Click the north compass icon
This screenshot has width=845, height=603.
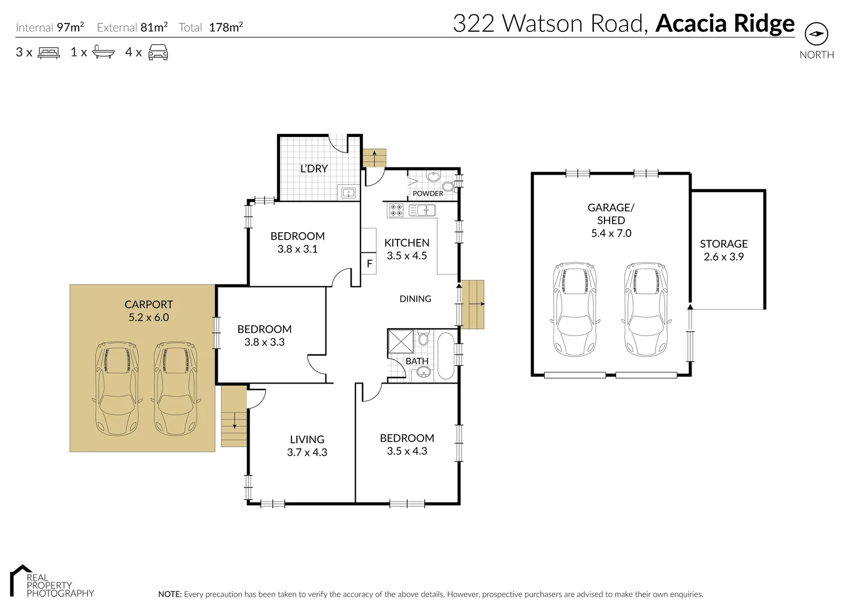[816, 34]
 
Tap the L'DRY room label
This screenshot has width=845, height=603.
[314, 169]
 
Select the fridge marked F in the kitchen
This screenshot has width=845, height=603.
[369, 264]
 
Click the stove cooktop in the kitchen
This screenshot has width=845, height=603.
[396, 210]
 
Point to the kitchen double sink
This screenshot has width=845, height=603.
[422, 210]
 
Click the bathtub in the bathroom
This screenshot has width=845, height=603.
[446, 356]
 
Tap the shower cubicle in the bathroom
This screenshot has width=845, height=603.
[401, 342]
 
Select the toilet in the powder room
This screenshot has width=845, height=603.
[448, 186]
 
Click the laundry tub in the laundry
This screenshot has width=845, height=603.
[348, 193]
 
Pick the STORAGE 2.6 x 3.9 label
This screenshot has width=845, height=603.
[723, 250]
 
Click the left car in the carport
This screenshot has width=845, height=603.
[117, 389]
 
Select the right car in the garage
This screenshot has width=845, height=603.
[646, 309]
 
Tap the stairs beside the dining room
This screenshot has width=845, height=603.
[473, 304]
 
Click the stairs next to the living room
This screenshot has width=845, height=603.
[234, 416]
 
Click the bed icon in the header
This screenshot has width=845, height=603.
[49, 53]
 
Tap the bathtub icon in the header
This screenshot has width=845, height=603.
[103, 52]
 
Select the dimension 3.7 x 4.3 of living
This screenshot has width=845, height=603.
[307, 453]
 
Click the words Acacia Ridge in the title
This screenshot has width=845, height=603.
[724, 23]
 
